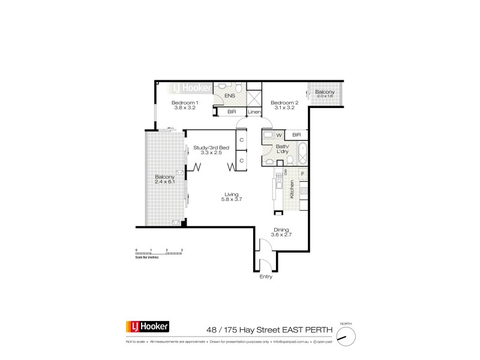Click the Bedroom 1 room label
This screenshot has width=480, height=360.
click(x=186, y=103)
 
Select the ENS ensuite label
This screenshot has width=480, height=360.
click(x=229, y=96)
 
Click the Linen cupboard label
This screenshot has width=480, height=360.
click(x=254, y=112)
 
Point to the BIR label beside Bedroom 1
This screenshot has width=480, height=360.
click(x=231, y=112)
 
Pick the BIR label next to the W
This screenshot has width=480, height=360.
click(x=296, y=135)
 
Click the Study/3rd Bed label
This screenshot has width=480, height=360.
click(x=208, y=147)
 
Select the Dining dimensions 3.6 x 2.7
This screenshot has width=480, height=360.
click(x=281, y=235)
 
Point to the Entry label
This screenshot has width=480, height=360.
click(x=266, y=277)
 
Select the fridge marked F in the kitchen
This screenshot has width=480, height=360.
click(x=302, y=174)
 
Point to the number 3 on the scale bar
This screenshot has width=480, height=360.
click(x=181, y=249)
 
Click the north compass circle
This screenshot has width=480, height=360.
click(x=344, y=336)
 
